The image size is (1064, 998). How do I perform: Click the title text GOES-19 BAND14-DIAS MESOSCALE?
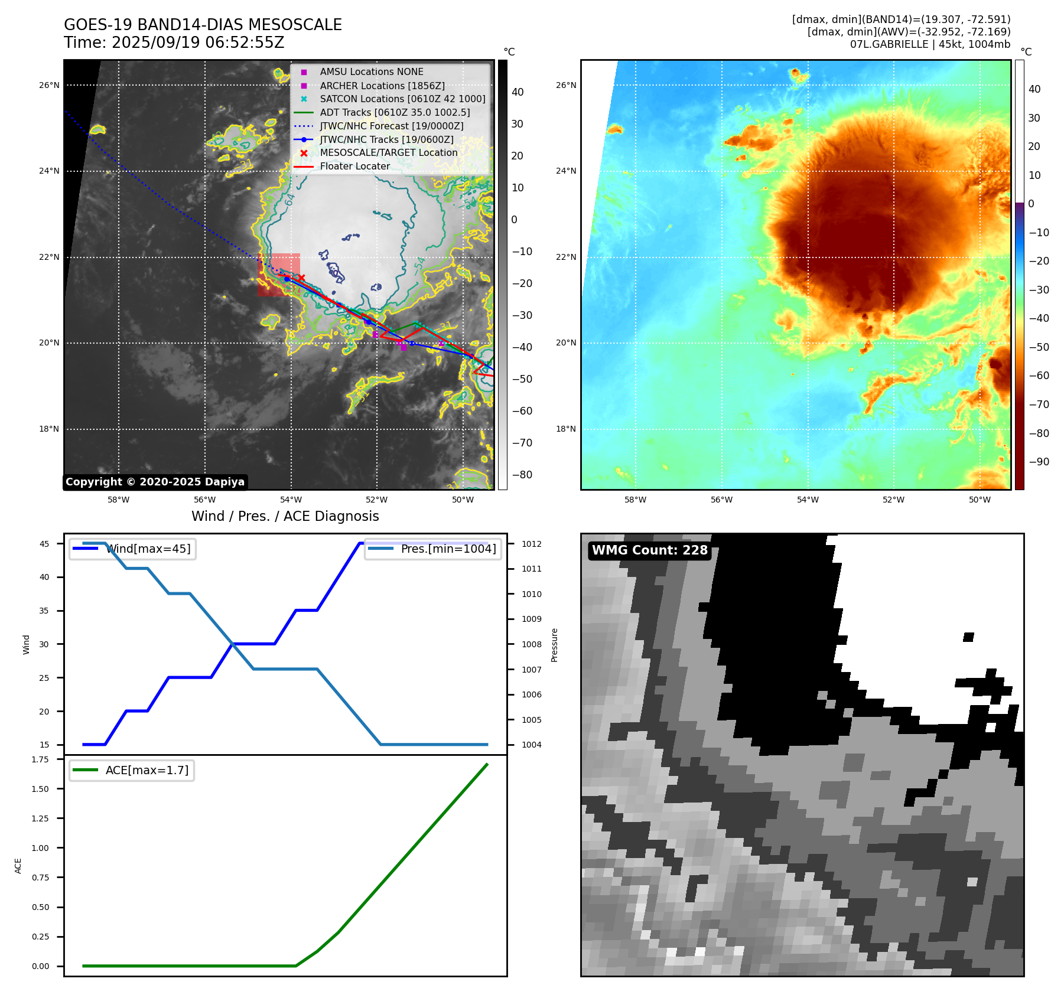coord(203,25)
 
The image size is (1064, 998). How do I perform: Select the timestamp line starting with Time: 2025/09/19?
coord(174,43)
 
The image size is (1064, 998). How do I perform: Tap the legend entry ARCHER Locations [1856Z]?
coord(382,86)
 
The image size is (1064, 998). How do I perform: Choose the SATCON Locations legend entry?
coord(402,99)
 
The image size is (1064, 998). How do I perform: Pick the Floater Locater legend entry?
coord(354,167)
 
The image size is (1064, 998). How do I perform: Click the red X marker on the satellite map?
coord(301,278)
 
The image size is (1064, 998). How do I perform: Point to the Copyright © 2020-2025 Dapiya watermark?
coord(155,482)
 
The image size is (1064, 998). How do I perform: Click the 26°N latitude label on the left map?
coord(49,85)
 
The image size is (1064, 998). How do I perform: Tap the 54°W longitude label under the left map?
coord(291,500)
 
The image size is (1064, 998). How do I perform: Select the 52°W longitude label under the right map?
coord(893,500)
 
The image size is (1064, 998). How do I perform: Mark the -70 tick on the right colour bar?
coord(1039,405)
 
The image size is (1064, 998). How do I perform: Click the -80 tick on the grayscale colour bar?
coord(522,475)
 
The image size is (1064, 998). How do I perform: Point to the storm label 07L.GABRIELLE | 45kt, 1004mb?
coord(930,44)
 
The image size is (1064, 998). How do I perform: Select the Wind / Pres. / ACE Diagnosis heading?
coord(285,516)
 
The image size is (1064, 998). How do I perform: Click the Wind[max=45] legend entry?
coord(148,549)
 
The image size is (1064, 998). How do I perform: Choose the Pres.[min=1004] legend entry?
coord(448,549)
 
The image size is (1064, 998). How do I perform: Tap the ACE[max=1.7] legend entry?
coord(147,770)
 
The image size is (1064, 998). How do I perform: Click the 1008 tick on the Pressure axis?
coord(531,644)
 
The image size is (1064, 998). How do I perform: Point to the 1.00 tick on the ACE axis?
coord(41,848)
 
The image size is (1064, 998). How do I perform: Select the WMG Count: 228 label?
coord(649,550)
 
